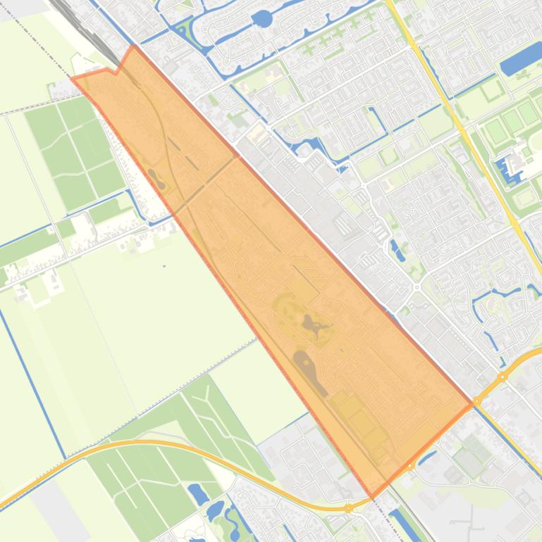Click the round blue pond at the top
pos(261,18)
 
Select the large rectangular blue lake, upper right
pos(521,58)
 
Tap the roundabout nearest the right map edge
pos(503,377)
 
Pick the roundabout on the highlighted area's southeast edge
pos(410,466)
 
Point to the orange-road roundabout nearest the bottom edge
pos(349,508)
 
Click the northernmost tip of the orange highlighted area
pos(133,46)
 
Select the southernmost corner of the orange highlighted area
pos(373,497)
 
